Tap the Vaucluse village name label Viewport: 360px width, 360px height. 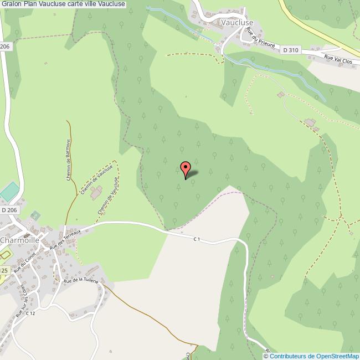236,23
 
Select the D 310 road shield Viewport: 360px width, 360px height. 290,50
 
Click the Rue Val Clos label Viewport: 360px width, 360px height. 338,59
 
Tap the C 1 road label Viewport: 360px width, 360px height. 197,239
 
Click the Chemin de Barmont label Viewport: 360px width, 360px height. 69,158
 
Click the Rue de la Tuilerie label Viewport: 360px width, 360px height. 81,281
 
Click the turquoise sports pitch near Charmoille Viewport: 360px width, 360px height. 9,192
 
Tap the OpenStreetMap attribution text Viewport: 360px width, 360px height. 311,356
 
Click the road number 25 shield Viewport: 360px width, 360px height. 4,270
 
